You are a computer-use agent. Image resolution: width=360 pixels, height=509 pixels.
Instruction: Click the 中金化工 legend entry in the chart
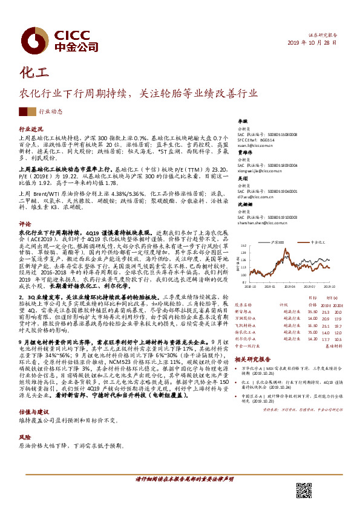(320, 242)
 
